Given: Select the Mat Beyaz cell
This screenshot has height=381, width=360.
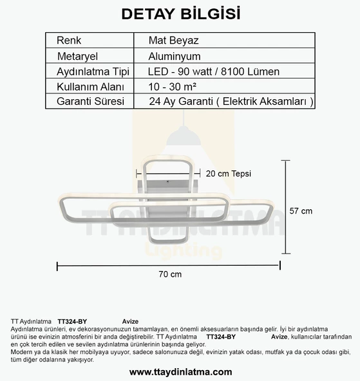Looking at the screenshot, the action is click(x=173, y=40).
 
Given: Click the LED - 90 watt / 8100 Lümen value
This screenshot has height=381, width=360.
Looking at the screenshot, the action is click(x=213, y=71).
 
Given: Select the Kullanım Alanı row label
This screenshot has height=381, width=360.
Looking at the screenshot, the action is click(x=90, y=86).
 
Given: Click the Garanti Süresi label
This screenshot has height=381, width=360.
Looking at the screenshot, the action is click(x=90, y=101).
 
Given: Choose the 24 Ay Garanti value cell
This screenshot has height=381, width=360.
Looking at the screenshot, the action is click(x=231, y=101).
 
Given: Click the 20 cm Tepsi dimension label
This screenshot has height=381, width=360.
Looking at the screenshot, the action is click(x=229, y=173).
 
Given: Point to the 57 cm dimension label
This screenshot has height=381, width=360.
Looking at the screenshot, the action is click(x=301, y=210).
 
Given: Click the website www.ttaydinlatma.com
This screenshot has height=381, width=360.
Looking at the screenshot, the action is click(x=180, y=371).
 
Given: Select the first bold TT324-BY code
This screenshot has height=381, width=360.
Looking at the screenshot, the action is click(x=72, y=321).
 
